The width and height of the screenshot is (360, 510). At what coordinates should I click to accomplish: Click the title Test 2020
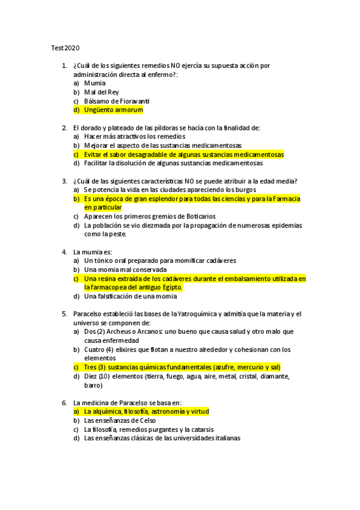coord(63,48)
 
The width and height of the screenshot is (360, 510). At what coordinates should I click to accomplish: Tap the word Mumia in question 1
coord(95,83)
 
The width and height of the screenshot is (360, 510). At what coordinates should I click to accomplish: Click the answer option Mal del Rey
coord(102,92)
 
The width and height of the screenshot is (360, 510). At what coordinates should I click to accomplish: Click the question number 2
coord(64,127)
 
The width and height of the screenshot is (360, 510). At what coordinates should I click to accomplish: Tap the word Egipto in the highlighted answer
coord(168,287)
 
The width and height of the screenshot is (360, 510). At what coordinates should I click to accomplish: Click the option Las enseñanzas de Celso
coord(120,420)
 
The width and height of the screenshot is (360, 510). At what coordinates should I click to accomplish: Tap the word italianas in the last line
coord(222,438)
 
